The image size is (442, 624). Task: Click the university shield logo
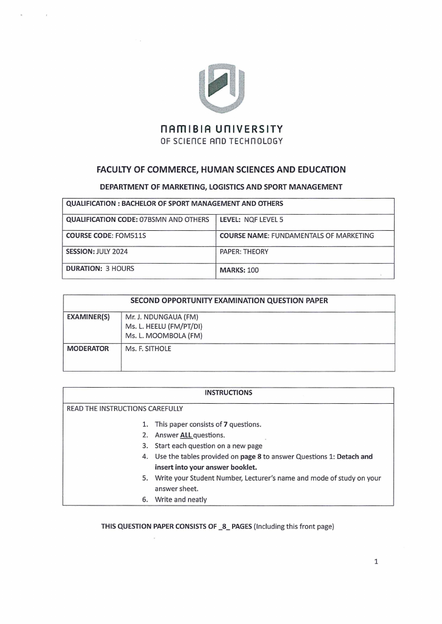pyautogui.click(x=222, y=88)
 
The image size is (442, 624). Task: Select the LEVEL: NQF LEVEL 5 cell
pyautogui.click(x=304, y=220)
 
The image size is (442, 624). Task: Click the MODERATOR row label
pyautogui.click(x=88, y=349)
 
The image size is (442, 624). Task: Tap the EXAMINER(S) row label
pyautogui.click(x=89, y=317)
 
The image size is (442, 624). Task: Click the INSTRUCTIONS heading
pyautogui.click(x=228, y=393)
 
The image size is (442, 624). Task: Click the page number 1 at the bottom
pyautogui.click(x=376, y=562)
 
